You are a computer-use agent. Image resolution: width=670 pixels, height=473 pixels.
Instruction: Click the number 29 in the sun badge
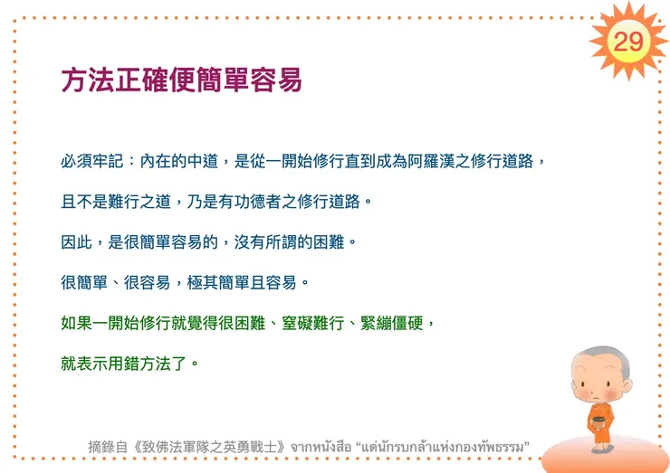pyautogui.click(x=627, y=41)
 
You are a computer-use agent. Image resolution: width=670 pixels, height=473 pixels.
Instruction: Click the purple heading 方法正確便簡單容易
pyautogui.click(x=181, y=80)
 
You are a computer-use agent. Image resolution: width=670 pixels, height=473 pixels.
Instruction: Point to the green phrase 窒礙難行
pyautogui.click(x=303, y=323)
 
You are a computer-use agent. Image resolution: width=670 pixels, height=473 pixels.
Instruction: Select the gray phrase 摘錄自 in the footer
pyautogui.click(x=105, y=446)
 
